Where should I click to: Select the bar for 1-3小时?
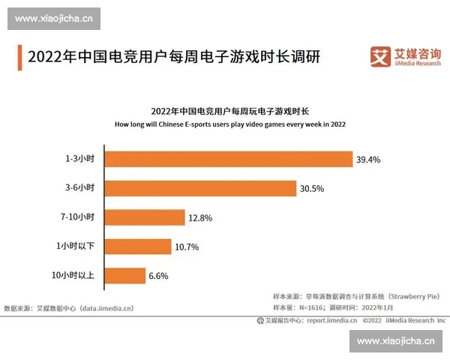[229, 160]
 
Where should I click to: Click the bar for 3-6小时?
[200, 188]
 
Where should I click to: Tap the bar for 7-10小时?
[145, 217]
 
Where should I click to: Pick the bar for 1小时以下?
[138, 246]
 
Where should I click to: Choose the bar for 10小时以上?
[125, 275]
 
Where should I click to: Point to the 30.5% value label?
[312, 188]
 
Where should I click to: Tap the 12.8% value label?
[201, 217]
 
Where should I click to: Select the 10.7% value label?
[187, 246]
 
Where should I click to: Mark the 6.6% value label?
[158, 275]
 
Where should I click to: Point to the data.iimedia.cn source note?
[69, 308]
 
